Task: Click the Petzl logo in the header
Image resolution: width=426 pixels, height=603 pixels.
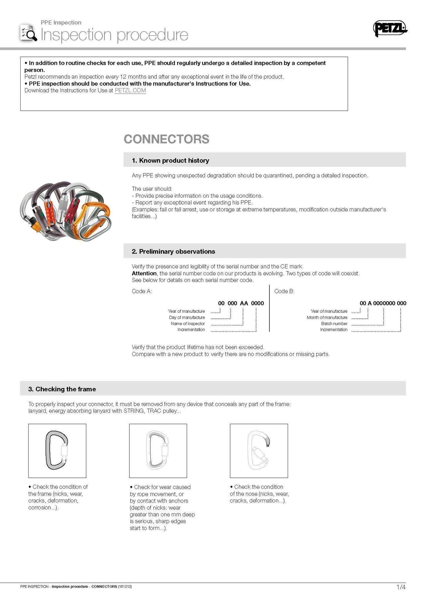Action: tap(390, 28)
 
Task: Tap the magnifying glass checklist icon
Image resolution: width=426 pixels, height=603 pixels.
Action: tap(29, 33)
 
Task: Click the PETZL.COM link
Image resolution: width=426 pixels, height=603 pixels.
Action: tap(130, 90)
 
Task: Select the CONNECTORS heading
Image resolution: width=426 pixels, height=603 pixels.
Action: tap(167, 139)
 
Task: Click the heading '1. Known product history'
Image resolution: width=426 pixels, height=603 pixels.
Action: tap(170, 160)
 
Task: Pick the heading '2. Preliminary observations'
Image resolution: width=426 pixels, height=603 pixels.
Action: tap(173, 251)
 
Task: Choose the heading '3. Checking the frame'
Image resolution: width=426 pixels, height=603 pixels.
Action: tap(62, 389)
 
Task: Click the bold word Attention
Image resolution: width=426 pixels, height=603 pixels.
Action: tap(144, 273)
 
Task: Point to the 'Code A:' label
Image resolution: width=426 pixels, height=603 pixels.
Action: tap(142, 291)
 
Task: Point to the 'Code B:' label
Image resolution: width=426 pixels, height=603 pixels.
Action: tap(284, 291)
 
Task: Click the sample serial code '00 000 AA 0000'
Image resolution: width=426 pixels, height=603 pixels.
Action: tap(241, 303)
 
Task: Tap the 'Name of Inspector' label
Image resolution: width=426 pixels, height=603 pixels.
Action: tap(188, 324)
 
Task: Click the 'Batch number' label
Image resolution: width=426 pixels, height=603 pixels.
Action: tap(334, 324)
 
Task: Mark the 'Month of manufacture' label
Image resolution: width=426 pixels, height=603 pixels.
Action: tap(327, 317)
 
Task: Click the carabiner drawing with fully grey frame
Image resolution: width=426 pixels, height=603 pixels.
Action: tap(57, 450)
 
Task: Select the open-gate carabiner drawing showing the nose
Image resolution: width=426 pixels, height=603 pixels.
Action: tap(259, 450)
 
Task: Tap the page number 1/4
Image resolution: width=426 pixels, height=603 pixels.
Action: tap(401, 587)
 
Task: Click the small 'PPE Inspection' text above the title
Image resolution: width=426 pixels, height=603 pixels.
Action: tap(61, 22)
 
